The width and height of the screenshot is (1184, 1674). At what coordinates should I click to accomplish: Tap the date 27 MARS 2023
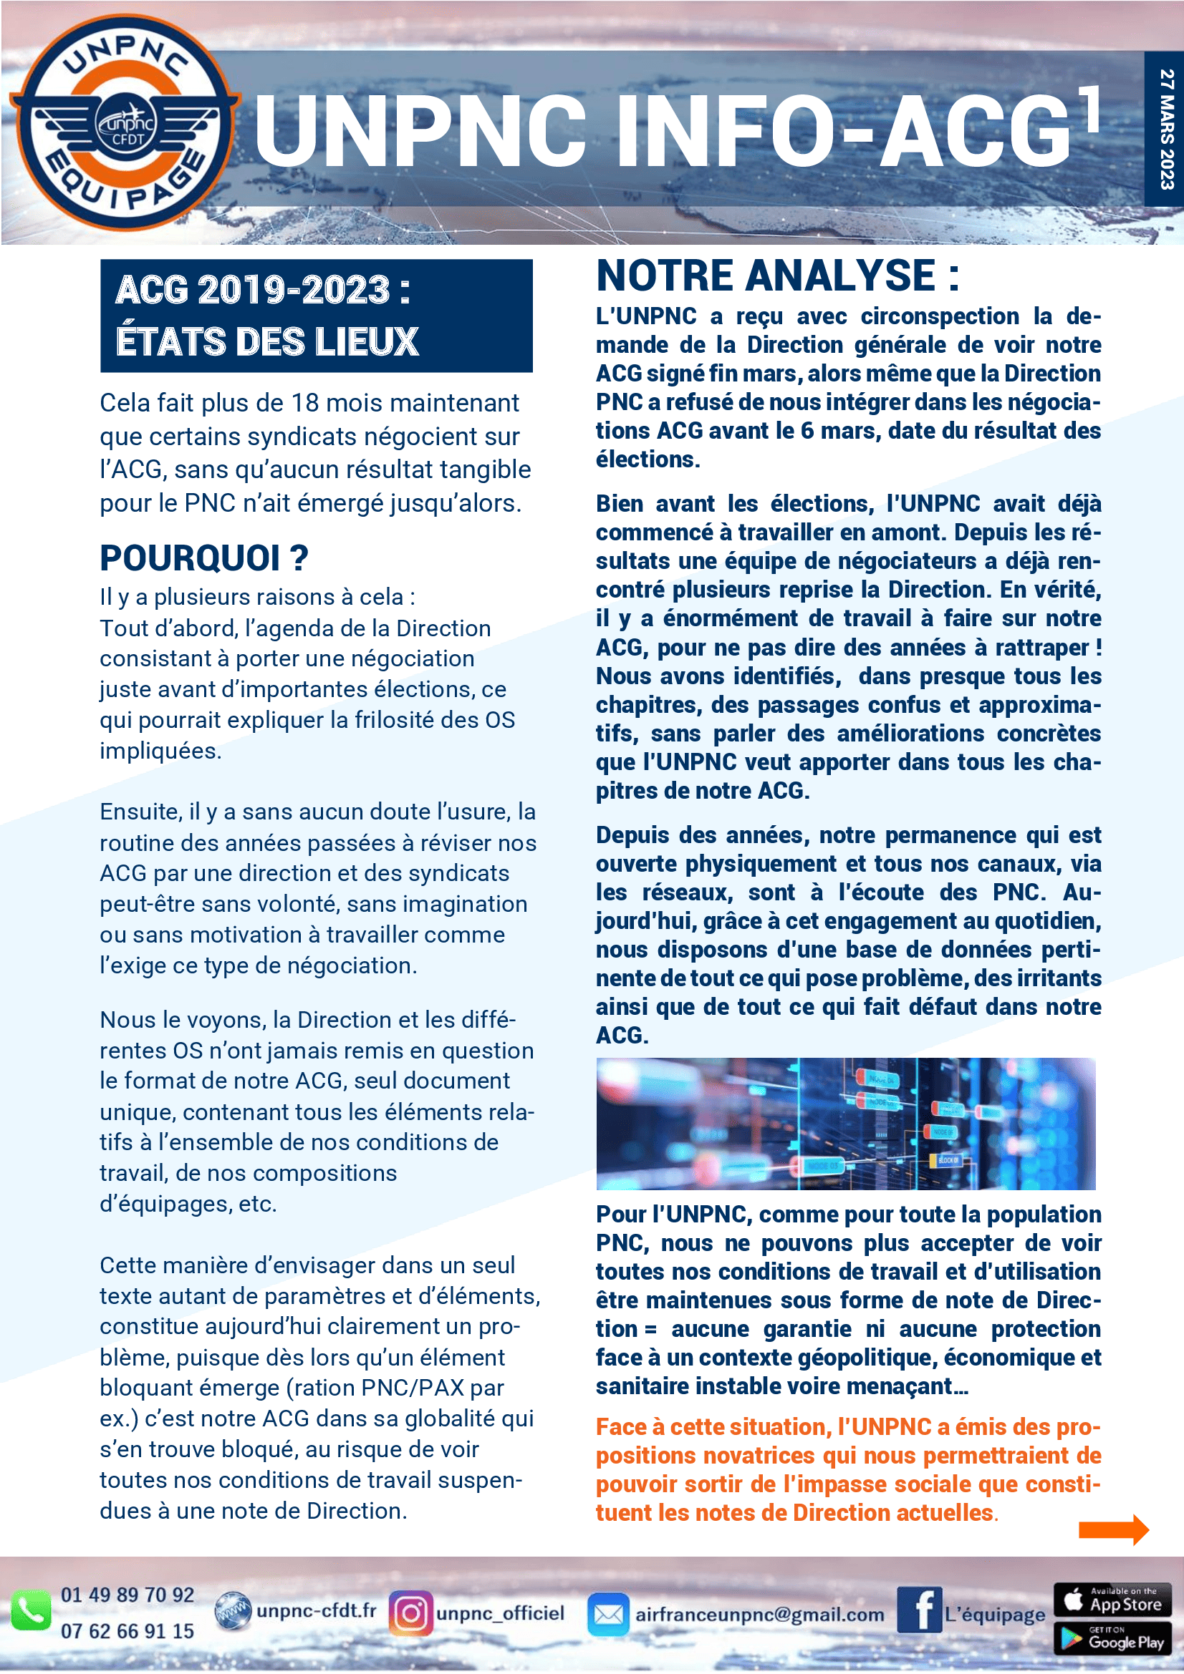coord(1167,129)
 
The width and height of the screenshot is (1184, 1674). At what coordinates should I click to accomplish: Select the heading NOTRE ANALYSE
coord(777,276)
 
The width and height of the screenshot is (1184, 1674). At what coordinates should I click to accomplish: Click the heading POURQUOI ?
coord(204,558)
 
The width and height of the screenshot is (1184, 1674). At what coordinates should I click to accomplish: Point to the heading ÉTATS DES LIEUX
coord(267,341)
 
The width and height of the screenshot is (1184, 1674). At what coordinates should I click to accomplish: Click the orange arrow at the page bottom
coord(1113,1529)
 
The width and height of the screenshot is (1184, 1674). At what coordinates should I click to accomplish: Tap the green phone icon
coord(31,1610)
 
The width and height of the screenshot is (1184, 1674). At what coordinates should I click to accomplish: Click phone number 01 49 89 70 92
coord(127,1595)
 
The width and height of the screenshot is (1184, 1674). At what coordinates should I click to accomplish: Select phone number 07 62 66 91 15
coord(127,1631)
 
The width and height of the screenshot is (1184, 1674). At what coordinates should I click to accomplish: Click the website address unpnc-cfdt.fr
coord(316,1610)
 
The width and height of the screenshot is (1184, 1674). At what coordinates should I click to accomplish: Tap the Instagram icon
coord(410,1612)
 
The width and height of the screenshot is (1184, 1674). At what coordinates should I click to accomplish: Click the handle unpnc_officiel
coord(501,1612)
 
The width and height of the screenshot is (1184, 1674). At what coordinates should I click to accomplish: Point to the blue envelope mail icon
coord(607,1614)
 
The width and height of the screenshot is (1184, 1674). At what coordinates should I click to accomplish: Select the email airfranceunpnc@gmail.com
coord(759,1614)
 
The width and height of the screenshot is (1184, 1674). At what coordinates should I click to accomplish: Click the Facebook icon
coord(919,1610)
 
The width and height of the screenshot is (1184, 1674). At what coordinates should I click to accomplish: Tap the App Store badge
coord(1112,1600)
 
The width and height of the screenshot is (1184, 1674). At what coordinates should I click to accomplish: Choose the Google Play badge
coord(1112,1638)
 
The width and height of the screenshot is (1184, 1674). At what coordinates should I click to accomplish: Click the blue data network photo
coord(845,1124)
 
